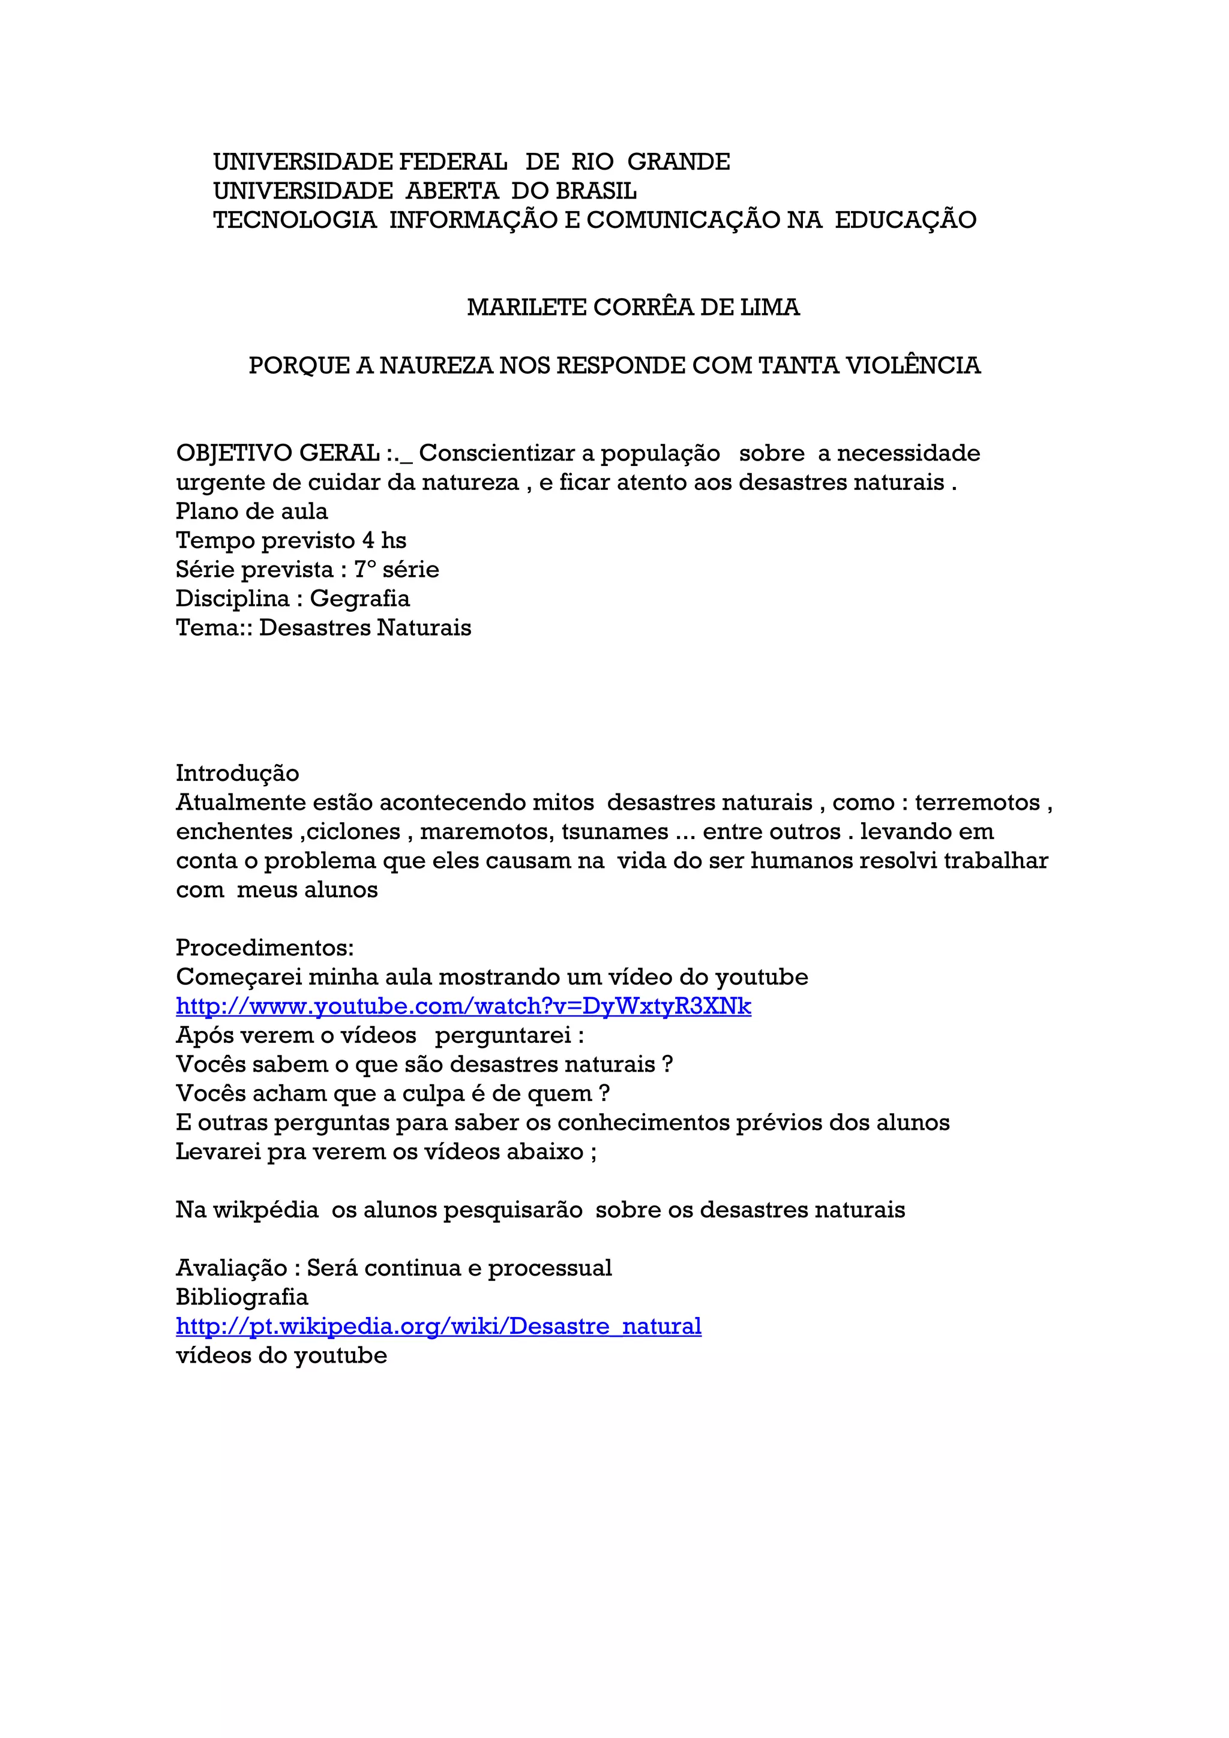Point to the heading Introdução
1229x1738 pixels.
click(237, 774)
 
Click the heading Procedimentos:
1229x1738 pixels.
click(264, 948)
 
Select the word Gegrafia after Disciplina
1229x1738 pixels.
click(359, 599)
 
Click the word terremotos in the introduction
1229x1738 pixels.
click(977, 802)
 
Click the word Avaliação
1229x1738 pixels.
click(231, 1268)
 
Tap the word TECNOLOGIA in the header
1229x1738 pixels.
click(295, 220)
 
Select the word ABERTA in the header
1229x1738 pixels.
click(452, 191)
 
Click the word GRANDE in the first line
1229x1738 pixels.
click(679, 162)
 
